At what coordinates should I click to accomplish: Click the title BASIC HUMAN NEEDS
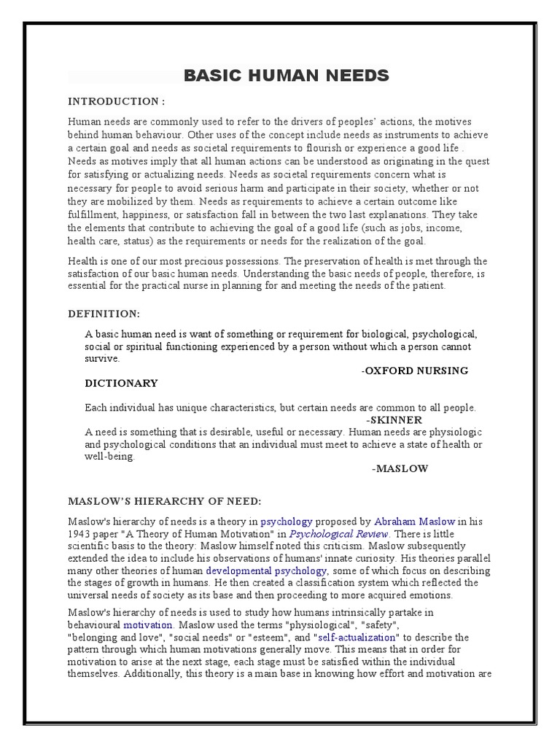(x=287, y=76)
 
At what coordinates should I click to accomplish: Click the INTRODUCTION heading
(x=117, y=101)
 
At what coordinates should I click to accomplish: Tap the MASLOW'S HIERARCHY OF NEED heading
(x=164, y=501)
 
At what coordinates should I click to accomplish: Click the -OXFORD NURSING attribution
(x=415, y=371)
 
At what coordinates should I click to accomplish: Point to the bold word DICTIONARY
(x=121, y=383)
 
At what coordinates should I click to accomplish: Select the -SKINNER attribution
(x=394, y=420)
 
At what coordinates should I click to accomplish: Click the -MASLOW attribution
(x=400, y=468)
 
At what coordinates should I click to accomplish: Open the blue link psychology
(x=287, y=522)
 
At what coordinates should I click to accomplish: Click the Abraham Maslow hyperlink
(x=415, y=522)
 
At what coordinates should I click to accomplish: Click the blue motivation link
(x=148, y=625)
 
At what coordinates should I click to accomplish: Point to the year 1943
(x=82, y=534)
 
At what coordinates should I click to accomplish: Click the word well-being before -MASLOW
(x=110, y=457)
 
